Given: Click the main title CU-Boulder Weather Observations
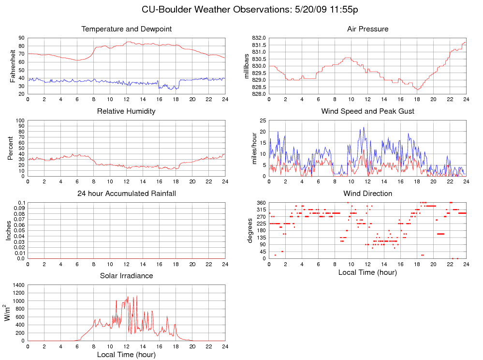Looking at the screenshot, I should click(x=249, y=9).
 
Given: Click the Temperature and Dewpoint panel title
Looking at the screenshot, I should click(x=127, y=29).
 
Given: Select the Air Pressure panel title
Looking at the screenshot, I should click(x=367, y=29).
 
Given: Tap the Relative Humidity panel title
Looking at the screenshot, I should click(x=126, y=111).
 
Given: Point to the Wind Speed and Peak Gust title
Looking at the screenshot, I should click(x=367, y=111).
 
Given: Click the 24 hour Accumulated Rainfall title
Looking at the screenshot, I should click(x=127, y=194).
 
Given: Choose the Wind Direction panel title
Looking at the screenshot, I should click(x=367, y=194).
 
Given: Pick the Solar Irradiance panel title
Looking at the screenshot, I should click(x=126, y=276).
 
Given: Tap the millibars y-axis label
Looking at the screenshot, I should click(x=247, y=66).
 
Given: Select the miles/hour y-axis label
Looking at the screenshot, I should click(x=254, y=148).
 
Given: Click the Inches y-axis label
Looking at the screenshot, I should click(x=9, y=230).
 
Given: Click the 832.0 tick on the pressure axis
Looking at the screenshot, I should click(x=258, y=38).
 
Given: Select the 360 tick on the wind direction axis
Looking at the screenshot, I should click(x=261, y=203).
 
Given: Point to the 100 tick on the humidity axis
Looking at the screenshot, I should click(x=20, y=120).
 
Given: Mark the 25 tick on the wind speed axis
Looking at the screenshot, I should click(x=263, y=120).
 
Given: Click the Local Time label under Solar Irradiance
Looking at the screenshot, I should click(x=126, y=355).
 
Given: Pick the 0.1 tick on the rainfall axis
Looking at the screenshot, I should click(x=22, y=203).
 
